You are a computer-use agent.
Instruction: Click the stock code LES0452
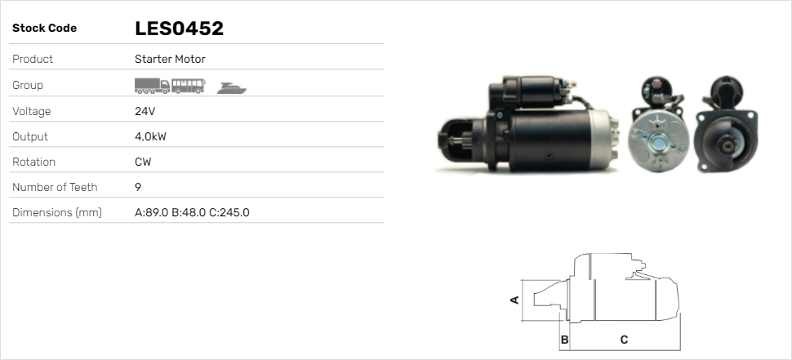(179, 29)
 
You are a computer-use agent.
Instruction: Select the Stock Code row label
(44, 29)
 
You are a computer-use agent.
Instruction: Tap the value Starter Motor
(170, 59)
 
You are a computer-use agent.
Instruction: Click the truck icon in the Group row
(152, 85)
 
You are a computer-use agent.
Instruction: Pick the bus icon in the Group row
(189, 85)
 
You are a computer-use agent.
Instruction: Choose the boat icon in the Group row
(232, 87)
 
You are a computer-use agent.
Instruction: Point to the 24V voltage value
(145, 111)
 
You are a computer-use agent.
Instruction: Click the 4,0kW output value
(150, 136)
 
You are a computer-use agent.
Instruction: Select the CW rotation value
(143, 162)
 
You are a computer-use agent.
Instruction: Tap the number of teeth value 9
(138, 187)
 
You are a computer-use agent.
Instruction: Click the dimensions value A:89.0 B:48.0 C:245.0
(192, 212)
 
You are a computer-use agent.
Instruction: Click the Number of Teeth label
(55, 187)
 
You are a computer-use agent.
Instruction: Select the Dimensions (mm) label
(56, 212)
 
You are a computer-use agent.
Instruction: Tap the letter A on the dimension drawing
(514, 300)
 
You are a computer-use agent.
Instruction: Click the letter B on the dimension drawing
(564, 339)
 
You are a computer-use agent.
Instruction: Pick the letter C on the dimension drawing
(624, 339)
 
